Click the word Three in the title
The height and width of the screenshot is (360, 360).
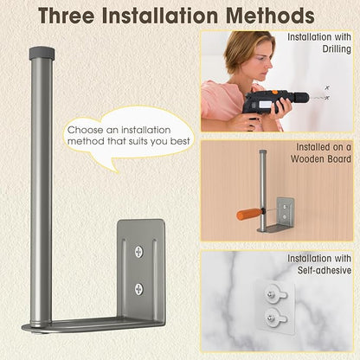click(x=66, y=16)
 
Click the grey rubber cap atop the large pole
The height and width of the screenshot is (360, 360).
click(x=42, y=52)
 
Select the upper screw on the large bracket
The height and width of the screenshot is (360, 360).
click(x=139, y=252)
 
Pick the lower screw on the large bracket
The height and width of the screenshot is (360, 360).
click(x=139, y=289)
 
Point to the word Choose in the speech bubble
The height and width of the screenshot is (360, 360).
click(x=86, y=130)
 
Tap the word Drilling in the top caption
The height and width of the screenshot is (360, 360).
click(x=337, y=49)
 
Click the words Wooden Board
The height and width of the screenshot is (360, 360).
click(x=321, y=159)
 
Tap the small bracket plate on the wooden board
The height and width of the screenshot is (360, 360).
click(x=285, y=209)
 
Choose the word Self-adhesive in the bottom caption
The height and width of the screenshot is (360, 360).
click(x=325, y=270)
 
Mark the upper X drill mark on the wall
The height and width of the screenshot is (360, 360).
click(x=327, y=87)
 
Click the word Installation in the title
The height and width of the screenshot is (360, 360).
click(x=160, y=16)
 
